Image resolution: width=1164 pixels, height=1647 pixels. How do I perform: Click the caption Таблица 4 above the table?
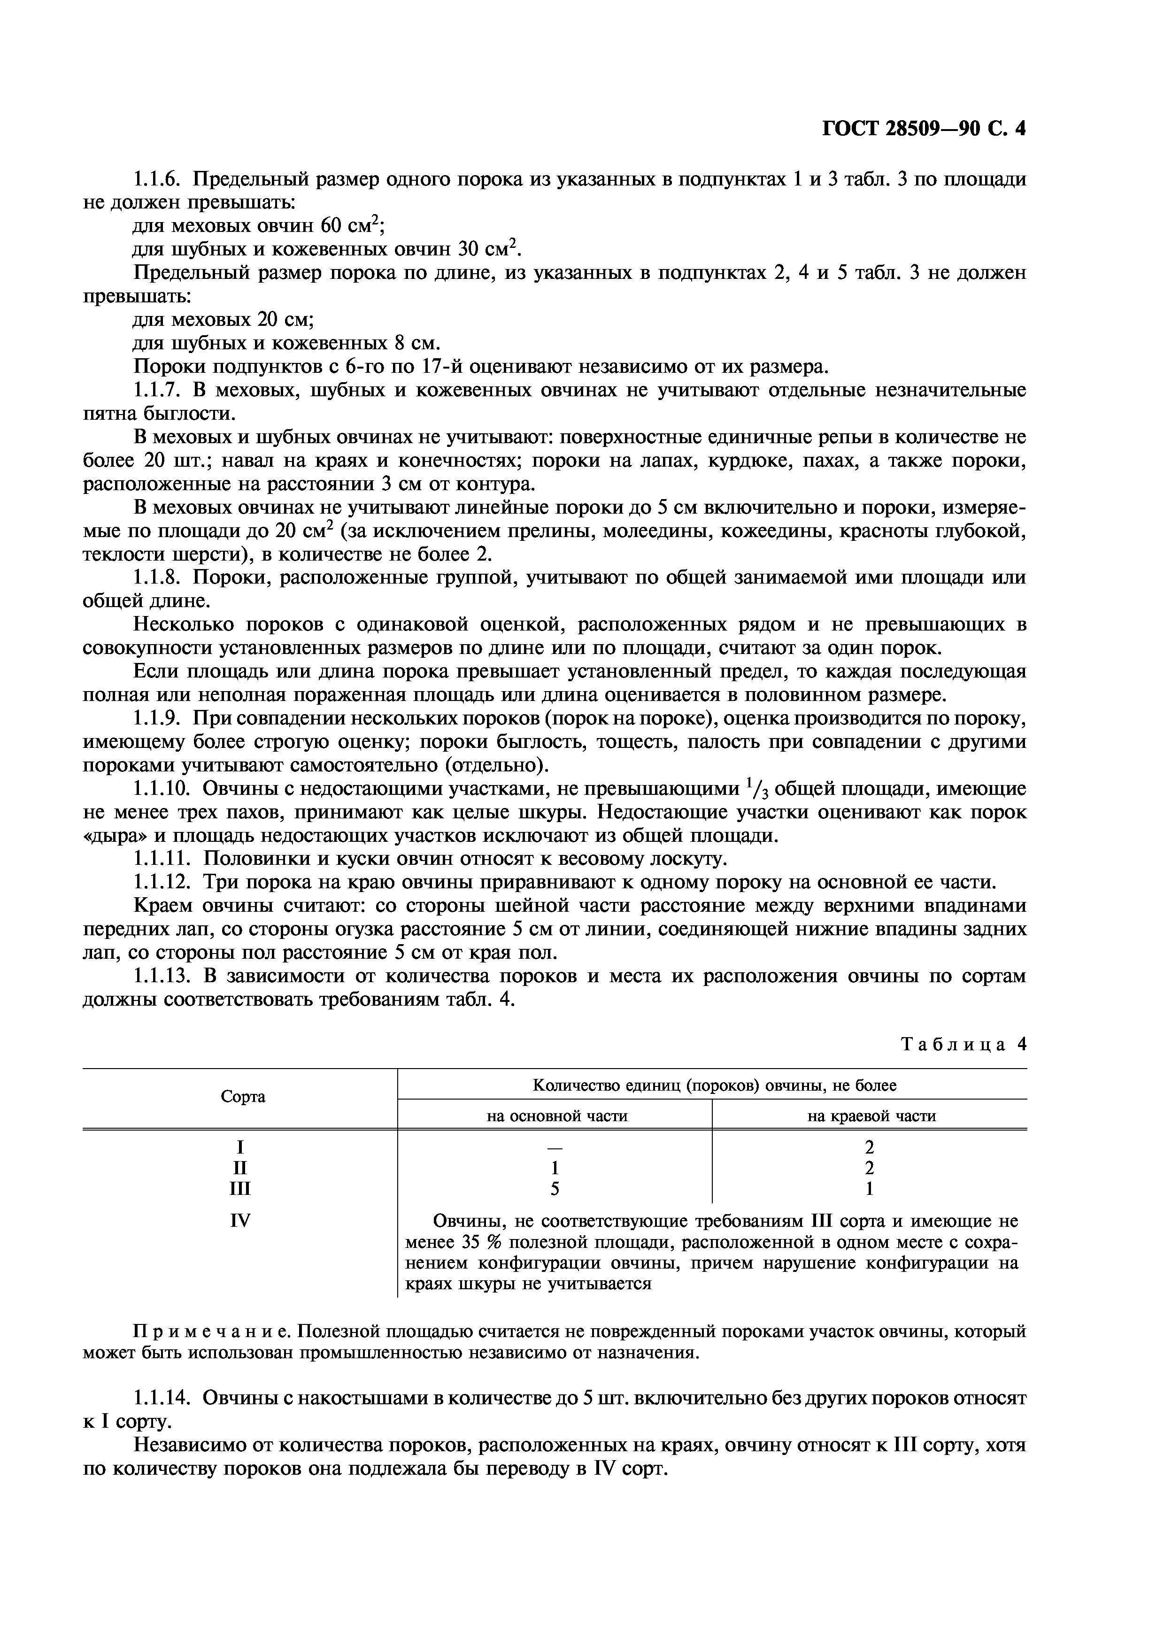click(x=963, y=1045)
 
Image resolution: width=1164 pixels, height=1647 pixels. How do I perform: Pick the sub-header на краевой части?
click(x=871, y=1116)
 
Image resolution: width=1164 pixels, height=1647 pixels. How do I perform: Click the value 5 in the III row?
click(x=555, y=1189)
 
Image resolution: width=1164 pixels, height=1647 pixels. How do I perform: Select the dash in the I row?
click(x=555, y=1147)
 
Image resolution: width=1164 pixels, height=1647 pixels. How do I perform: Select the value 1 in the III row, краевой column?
click(x=870, y=1189)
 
